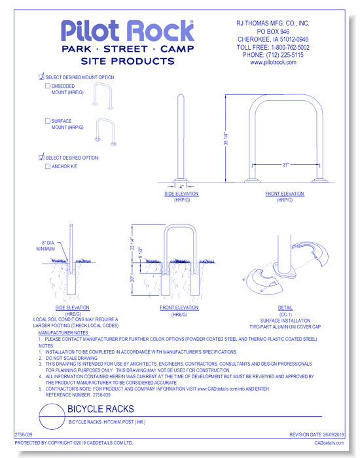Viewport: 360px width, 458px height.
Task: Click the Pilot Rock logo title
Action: (x=128, y=31)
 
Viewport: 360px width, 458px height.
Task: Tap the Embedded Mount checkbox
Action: (x=47, y=86)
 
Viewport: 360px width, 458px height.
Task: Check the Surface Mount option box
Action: (x=47, y=121)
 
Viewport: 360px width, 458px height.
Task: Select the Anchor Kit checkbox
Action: (x=47, y=166)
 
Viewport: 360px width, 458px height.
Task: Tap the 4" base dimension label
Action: (x=181, y=187)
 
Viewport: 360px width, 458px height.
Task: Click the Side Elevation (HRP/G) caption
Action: (x=181, y=197)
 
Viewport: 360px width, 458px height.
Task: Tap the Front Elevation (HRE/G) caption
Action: (x=179, y=311)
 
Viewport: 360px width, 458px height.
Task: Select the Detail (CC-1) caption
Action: (x=285, y=310)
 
